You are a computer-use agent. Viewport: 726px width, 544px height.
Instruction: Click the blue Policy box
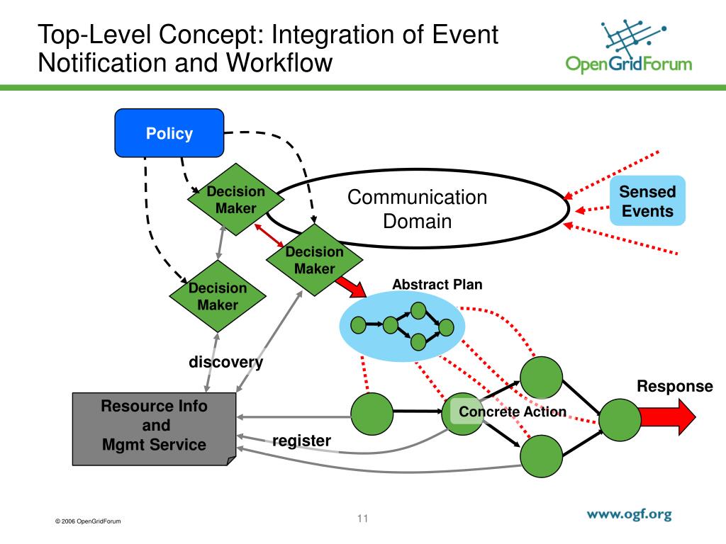coord(169,132)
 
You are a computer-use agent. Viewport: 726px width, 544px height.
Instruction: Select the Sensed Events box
coord(647,200)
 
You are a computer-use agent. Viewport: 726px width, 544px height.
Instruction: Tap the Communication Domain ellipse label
coord(417,209)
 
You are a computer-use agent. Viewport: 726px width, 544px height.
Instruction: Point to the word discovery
coord(225,362)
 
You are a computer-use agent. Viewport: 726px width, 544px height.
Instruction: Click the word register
coord(301,441)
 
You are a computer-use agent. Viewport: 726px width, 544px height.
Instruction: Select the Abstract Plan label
coord(437,285)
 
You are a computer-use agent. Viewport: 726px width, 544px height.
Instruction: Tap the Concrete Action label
coord(513,412)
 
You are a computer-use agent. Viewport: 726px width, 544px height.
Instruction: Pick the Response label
coord(674,386)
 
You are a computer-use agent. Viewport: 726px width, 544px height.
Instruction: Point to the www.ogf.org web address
coord(628,515)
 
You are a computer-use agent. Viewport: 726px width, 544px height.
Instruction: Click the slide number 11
coord(363,518)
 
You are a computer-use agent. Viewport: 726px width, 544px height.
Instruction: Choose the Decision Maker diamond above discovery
coord(218,296)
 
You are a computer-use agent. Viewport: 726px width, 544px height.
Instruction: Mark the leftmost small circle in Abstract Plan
coord(359,325)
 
